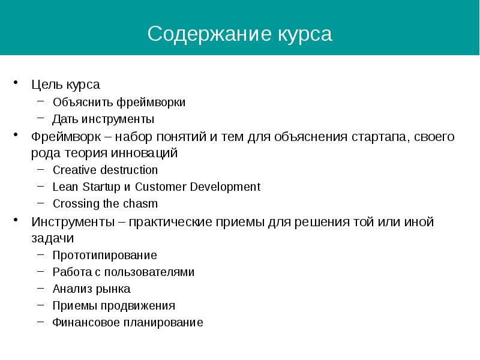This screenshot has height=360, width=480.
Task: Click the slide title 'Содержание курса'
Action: (x=239, y=34)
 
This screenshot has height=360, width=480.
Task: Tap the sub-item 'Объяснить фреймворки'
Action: (x=119, y=102)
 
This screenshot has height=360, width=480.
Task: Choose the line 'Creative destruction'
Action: (x=105, y=170)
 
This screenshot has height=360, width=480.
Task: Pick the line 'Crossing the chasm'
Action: (x=105, y=203)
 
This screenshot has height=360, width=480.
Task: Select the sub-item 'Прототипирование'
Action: (x=104, y=255)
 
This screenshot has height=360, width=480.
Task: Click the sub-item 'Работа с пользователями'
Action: (x=123, y=272)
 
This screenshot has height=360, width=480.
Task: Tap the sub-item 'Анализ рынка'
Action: (x=91, y=289)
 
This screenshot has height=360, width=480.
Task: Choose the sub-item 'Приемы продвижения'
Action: (x=113, y=305)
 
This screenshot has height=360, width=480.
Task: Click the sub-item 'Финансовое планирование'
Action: (x=128, y=322)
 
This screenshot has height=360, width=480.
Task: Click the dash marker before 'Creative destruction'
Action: (x=40, y=170)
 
